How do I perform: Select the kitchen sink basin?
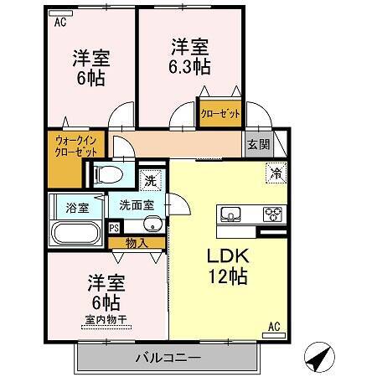tap(230, 214)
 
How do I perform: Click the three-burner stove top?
tap(272, 214)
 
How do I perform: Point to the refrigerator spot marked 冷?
tap(276, 173)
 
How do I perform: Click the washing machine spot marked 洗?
tap(151, 181)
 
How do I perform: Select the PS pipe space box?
tap(114, 228)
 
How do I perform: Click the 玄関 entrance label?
tap(259, 144)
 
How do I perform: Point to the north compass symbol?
tap(319, 357)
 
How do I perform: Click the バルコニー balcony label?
tap(168, 358)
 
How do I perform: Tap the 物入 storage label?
tap(137, 243)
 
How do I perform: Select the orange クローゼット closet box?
tap(220, 113)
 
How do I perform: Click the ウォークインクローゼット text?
tap(76, 146)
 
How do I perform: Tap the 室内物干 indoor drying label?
tap(106, 319)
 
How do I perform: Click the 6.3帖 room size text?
tap(189, 67)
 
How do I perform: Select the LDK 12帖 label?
tap(228, 266)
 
